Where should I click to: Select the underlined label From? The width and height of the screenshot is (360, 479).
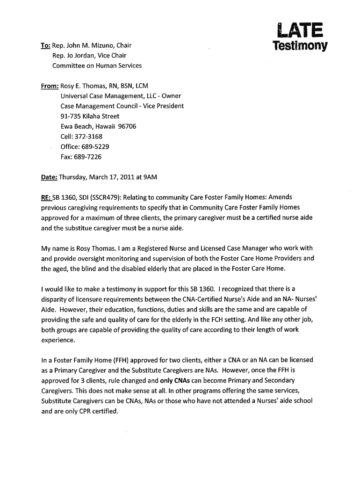(50, 86)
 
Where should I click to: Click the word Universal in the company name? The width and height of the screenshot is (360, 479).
(76, 96)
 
